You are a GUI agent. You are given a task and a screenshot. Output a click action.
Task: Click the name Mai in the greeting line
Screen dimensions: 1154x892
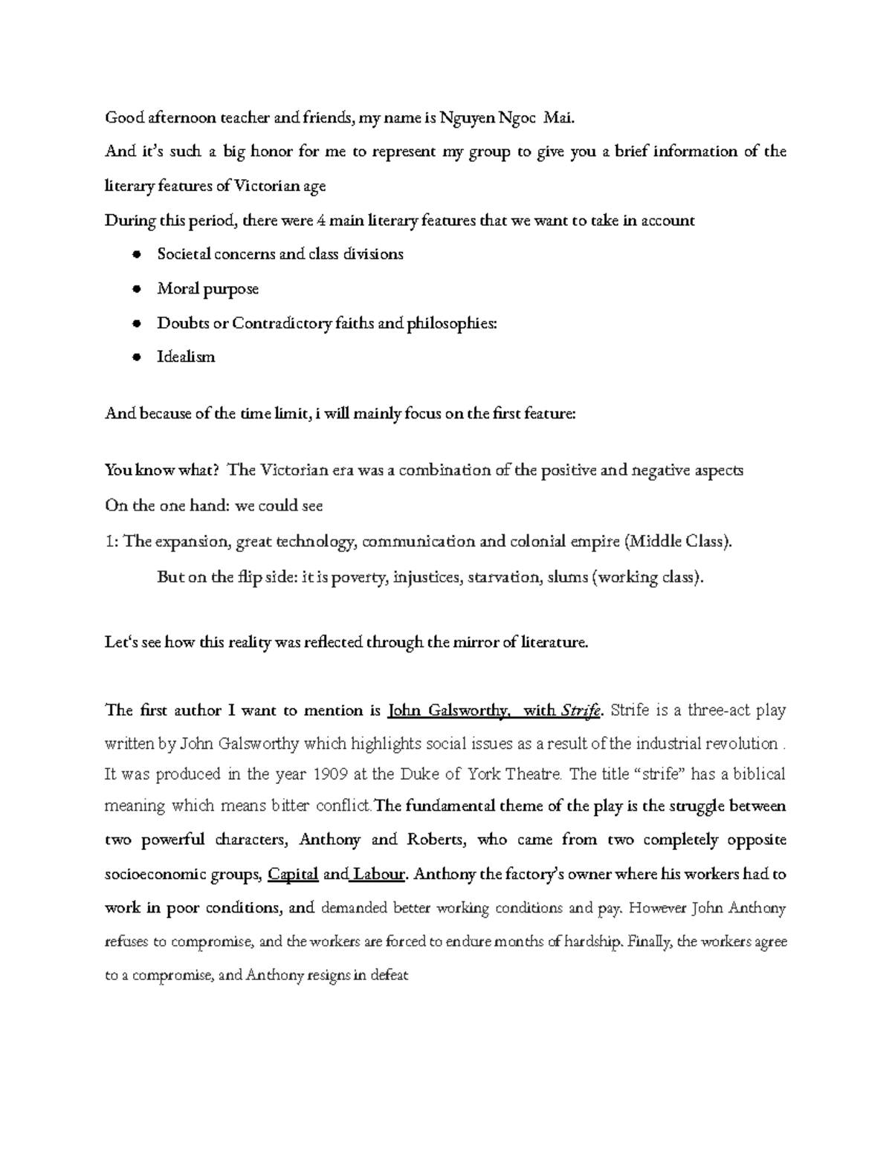(x=559, y=117)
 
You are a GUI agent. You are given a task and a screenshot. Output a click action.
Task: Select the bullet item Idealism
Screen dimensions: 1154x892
(x=186, y=357)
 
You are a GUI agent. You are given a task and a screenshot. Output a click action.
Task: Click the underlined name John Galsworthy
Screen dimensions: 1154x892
(x=447, y=710)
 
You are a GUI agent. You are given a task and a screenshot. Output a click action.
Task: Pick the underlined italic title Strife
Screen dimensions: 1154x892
(x=582, y=711)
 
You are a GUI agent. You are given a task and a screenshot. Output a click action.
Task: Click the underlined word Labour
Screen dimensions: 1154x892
(x=378, y=875)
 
